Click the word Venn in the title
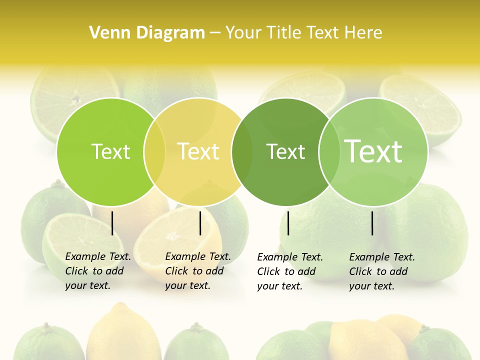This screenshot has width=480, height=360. pos(106,32)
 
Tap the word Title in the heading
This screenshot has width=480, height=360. pos(283,32)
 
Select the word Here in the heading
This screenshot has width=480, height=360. pos(363,32)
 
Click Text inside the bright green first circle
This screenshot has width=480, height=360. pos(110,151)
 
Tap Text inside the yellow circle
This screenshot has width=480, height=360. pos(198,151)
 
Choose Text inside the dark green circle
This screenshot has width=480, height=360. pos(285,151)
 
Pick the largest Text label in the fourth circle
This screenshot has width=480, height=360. pos(373,151)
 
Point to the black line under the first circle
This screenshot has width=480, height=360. pos(112,223)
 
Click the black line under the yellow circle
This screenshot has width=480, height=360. pos(200,223)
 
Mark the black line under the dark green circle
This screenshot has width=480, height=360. pos(288,223)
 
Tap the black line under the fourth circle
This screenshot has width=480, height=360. pos(372,223)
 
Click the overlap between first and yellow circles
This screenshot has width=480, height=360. pos(154,151)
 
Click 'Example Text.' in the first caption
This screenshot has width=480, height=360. pos(98,256)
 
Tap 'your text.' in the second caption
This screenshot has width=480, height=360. pos(187,285)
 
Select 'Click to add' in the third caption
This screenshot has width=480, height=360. pos(286,271)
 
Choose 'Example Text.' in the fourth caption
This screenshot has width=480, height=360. pos(382,257)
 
